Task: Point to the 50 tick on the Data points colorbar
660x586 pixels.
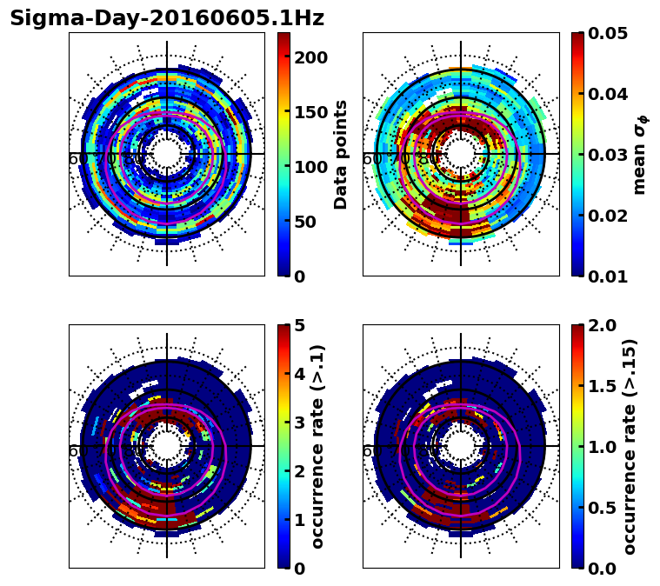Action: click(x=310, y=222)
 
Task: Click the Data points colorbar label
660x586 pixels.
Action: click(x=341, y=155)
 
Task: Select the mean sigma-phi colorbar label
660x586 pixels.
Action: click(x=639, y=155)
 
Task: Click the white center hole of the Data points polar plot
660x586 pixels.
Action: click(x=167, y=154)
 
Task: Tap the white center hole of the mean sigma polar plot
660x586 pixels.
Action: click(x=461, y=154)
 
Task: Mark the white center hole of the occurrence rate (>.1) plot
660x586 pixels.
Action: click(x=167, y=446)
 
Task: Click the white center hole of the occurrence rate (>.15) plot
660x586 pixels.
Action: click(x=461, y=446)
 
